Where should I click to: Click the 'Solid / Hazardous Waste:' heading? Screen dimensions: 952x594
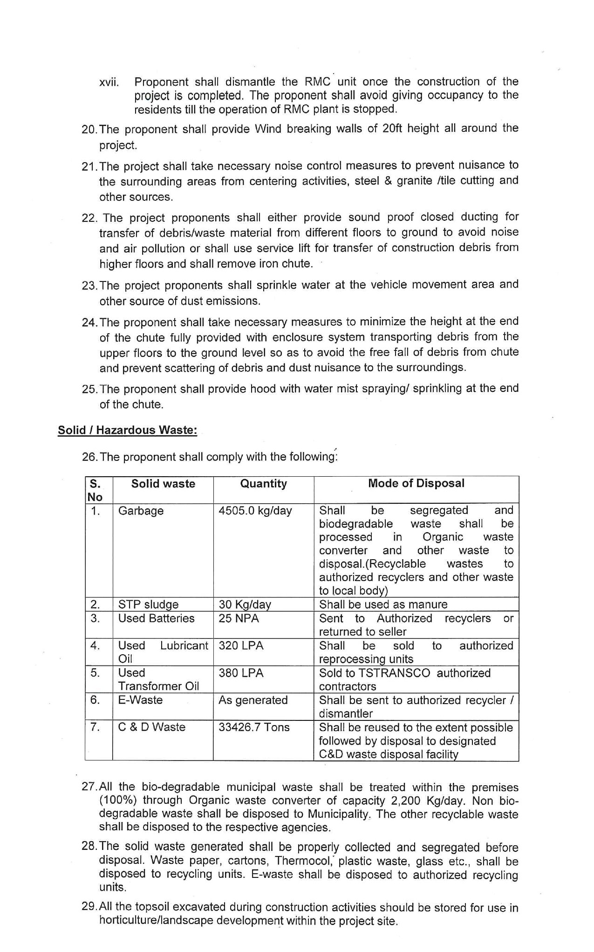(127, 430)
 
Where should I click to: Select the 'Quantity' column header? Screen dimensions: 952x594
(263, 484)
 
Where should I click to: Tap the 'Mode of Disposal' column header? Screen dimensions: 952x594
(416, 483)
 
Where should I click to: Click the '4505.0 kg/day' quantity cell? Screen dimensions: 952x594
(255, 511)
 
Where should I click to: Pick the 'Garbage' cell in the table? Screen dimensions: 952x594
(141, 511)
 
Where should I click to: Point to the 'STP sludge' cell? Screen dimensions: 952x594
(148, 604)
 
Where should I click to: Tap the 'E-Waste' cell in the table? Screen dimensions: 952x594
(140, 700)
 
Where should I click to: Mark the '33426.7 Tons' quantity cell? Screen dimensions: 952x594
(254, 727)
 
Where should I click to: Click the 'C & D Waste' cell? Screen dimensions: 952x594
(151, 727)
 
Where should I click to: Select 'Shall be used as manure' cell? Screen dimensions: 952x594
(383, 604)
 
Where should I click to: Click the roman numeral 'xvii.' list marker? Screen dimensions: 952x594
(109, 83)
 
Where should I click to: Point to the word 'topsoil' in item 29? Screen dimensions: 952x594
(154, 907)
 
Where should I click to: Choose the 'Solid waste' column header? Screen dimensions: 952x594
(163, 484)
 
